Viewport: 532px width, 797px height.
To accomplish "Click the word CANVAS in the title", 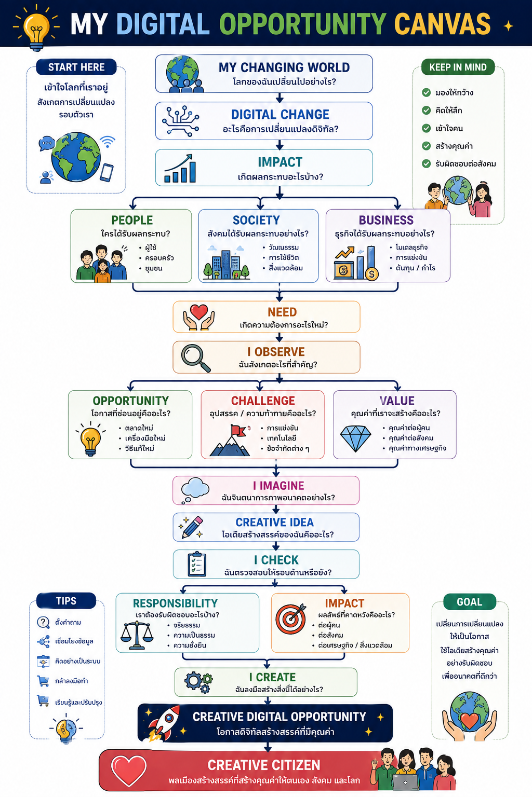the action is [x=443, y=24].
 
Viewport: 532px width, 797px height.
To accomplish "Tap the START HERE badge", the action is [x=76, y=67].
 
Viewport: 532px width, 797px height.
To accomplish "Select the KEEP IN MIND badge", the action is [x=458, y=67].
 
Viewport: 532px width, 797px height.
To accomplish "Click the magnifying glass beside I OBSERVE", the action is [x=196, y=358].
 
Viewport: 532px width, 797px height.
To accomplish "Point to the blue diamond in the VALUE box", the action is [x=355, y=438].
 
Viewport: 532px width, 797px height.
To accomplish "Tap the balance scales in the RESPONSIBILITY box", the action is [x=137, y=636].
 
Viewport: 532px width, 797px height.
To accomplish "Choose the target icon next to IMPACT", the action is [x=291, y=619].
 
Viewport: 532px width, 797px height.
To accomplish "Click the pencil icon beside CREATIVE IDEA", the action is [x=191, y=527].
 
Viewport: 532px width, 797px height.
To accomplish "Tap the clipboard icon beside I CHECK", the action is [x=197, y=564].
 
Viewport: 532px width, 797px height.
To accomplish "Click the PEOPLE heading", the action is [x=132, y=220].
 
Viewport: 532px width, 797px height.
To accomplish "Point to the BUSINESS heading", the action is [x=386, y=220].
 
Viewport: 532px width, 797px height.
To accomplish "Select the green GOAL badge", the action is [x=470, y=602].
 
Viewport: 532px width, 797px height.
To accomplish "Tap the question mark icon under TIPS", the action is [x=43, y=622].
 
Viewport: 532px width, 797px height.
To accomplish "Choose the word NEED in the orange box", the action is [x=282, y=312].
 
